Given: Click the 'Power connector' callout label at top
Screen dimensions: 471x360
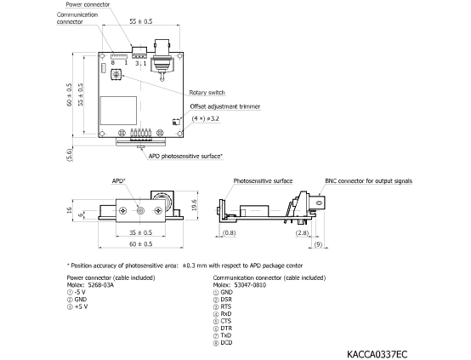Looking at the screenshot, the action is [88, 4].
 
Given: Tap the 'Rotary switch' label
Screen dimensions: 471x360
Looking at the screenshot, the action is [207, 92].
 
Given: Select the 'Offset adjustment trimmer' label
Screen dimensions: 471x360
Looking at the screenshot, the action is [225, 106].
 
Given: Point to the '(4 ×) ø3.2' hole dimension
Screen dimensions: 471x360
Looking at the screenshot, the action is [206, 118].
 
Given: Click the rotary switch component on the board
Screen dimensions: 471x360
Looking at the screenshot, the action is [116, 74].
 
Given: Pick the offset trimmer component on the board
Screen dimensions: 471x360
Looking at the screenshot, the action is [176, 122].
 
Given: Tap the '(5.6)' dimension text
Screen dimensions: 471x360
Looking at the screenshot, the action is [69, 155].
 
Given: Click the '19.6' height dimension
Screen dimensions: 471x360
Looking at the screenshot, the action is [194, 205].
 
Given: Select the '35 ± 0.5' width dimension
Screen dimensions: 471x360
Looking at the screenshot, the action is [140, 232].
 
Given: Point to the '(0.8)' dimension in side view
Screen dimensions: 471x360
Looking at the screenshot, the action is [230, 232].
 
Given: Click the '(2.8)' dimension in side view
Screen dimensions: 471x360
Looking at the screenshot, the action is [302, 232].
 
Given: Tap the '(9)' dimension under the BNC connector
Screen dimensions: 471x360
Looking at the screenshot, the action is [318, 244].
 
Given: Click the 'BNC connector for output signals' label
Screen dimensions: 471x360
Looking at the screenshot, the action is [369, 181].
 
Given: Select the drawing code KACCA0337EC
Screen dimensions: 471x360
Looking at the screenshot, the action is [377, 354].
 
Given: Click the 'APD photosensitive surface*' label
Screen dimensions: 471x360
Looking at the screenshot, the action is [185, 156].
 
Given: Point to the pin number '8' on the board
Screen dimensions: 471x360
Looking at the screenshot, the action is [112, 63].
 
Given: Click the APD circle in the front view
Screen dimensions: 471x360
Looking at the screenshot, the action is [140, 210].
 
